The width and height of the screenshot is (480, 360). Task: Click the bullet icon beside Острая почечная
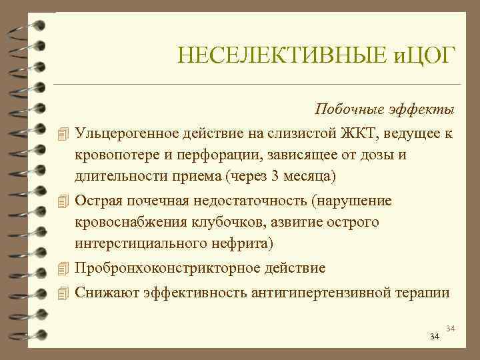[x=63, y=201]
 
